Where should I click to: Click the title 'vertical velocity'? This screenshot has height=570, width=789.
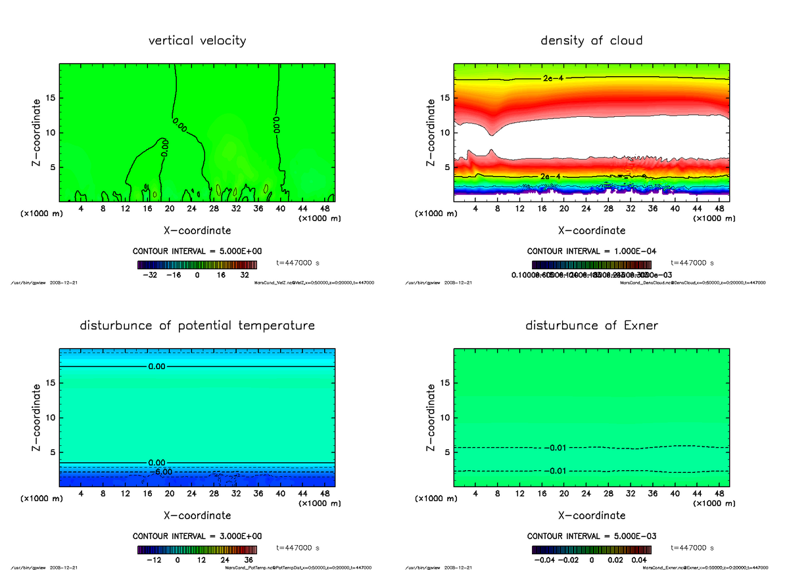coord(197,41)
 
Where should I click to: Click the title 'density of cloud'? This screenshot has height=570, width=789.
coord(591,41)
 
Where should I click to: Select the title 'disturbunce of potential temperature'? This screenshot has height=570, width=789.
coord(197,326)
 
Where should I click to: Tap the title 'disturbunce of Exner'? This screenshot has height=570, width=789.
coord(591,326)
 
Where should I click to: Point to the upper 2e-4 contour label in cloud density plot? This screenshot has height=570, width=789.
coord(552,78)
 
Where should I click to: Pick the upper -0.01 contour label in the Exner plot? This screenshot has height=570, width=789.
coord(555,448)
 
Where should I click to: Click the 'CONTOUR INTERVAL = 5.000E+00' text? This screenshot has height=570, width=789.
coord(197,252)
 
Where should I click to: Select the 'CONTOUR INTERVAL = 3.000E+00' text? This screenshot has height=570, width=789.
coord(197,536)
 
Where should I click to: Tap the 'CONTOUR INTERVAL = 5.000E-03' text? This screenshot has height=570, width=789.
coord(592,536)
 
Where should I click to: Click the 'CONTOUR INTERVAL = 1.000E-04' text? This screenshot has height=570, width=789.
coord(592,252)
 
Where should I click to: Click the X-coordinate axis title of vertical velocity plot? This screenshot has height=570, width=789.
coord(197,230)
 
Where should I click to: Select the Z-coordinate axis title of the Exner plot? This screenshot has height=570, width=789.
coord(431,418)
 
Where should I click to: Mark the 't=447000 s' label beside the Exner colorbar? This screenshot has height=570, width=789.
coord(692,548)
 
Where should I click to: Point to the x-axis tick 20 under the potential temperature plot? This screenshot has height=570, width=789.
coord(170,493)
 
